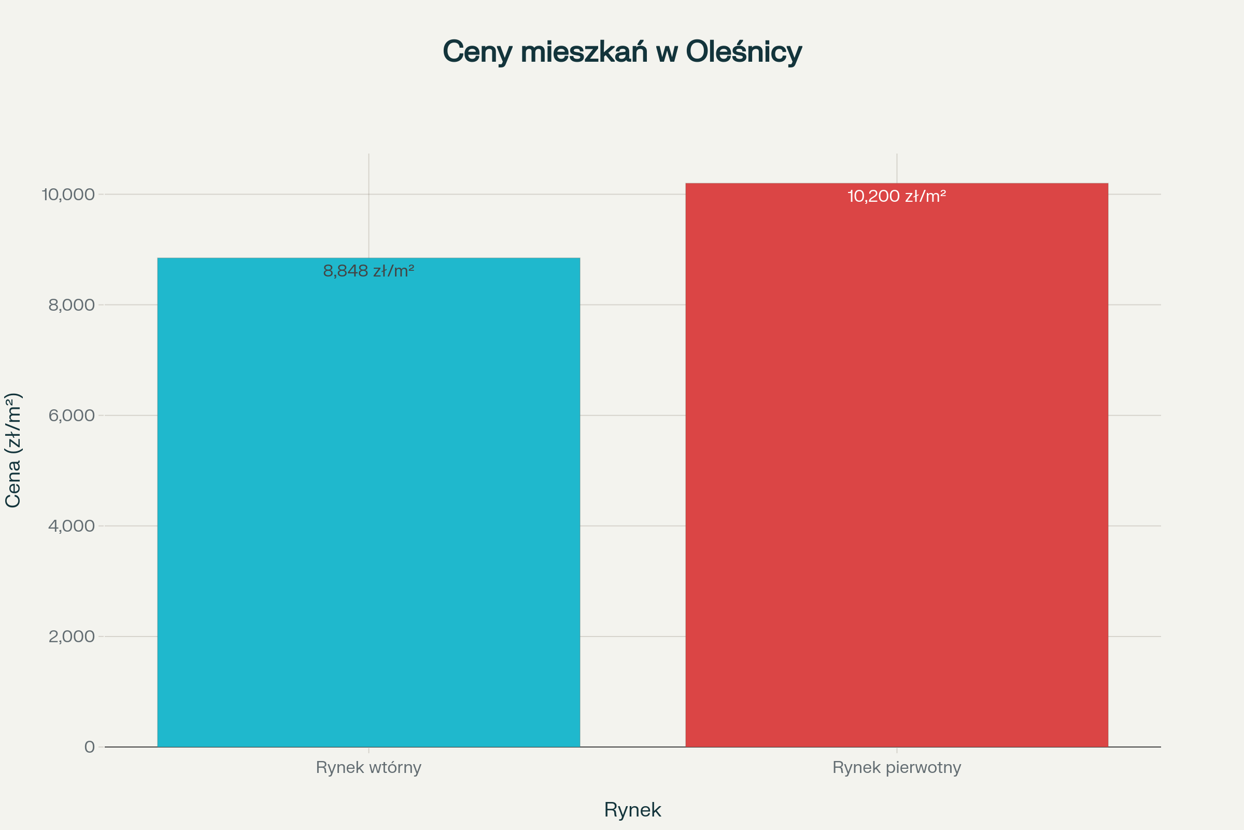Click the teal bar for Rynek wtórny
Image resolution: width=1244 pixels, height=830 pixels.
click(369, 503)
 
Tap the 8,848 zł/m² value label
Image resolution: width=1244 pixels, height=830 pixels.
click(369, 271)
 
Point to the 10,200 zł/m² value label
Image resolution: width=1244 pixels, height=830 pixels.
click(897, 197)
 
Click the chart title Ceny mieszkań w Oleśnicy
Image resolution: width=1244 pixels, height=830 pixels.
click(622, 52)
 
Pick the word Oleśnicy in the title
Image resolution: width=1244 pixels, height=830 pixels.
click(744, 52)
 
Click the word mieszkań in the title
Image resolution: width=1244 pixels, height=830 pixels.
click(584, 52)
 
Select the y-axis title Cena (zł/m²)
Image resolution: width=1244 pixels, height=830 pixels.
click(12, 450)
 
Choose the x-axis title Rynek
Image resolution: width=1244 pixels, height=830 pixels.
click(632, 810)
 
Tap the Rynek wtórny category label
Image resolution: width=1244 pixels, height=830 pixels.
click(369, 768)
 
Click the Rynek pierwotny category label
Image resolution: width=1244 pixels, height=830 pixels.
click(897, 768)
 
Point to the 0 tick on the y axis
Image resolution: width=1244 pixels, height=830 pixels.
click(90, 747)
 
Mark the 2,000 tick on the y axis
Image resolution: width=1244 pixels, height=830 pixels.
click(72, 637)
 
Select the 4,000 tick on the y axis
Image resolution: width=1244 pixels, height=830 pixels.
click(72, 525)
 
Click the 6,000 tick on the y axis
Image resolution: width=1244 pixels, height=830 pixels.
click(72, 416)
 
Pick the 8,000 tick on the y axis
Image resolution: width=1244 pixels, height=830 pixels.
click(72, 305)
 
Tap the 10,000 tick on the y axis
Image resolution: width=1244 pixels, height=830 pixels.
click(69, 194)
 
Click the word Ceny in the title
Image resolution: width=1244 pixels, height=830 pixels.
click(477, 52)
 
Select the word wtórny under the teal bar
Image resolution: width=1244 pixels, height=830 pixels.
click(395, 768)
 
